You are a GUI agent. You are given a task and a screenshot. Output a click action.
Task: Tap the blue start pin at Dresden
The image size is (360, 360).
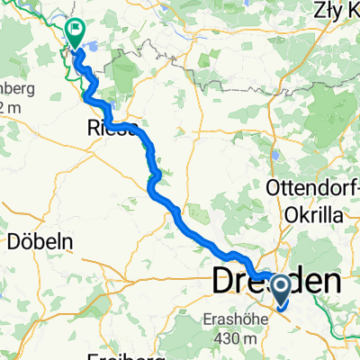[280, 290]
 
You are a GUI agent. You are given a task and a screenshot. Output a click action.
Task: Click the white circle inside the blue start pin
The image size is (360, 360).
[280, 286]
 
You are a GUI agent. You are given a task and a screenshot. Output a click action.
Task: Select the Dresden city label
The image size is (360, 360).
[276, 282]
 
